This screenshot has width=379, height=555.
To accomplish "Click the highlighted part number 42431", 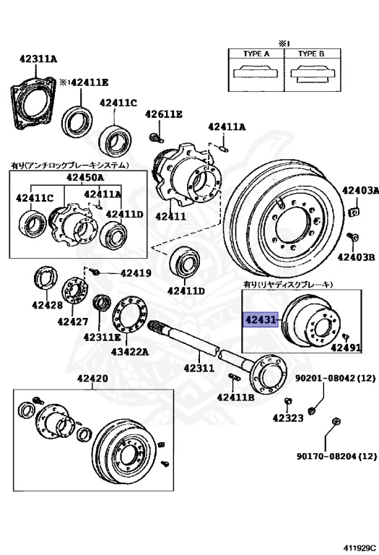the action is coord(260,320).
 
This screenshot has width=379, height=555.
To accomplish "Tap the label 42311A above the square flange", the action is coord(38,59).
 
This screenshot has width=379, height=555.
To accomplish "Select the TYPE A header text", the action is coord(256,53).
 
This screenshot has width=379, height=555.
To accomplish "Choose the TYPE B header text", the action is coord(311,53).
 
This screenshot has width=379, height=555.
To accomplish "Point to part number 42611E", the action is coord(164,114).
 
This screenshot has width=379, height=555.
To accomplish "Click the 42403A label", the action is coord(360,191).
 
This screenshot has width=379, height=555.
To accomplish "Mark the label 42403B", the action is coord(356,257).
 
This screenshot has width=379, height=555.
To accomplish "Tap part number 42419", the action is coord(136,273).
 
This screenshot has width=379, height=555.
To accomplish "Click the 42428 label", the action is coord(47,305).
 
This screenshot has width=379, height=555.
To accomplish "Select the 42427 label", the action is coord(72,322).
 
